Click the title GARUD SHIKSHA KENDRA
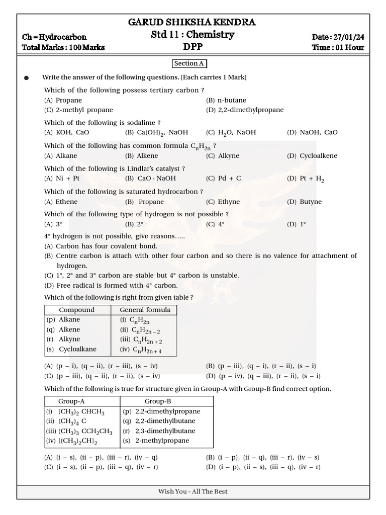tap(192, 22)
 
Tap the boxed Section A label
tap(189, 63)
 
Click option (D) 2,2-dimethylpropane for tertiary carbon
tap(245, 110)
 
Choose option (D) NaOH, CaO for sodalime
tap(312, 132)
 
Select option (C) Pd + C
tap(224, 179)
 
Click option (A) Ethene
tap(61, 202)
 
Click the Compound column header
tap(76, 310)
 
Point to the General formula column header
tap(145, 310)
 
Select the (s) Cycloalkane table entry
tap(71, 349)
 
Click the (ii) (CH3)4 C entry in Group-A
tap(66, 421)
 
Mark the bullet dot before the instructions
tap(27, 78)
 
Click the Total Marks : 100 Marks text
tap(63, 48)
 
